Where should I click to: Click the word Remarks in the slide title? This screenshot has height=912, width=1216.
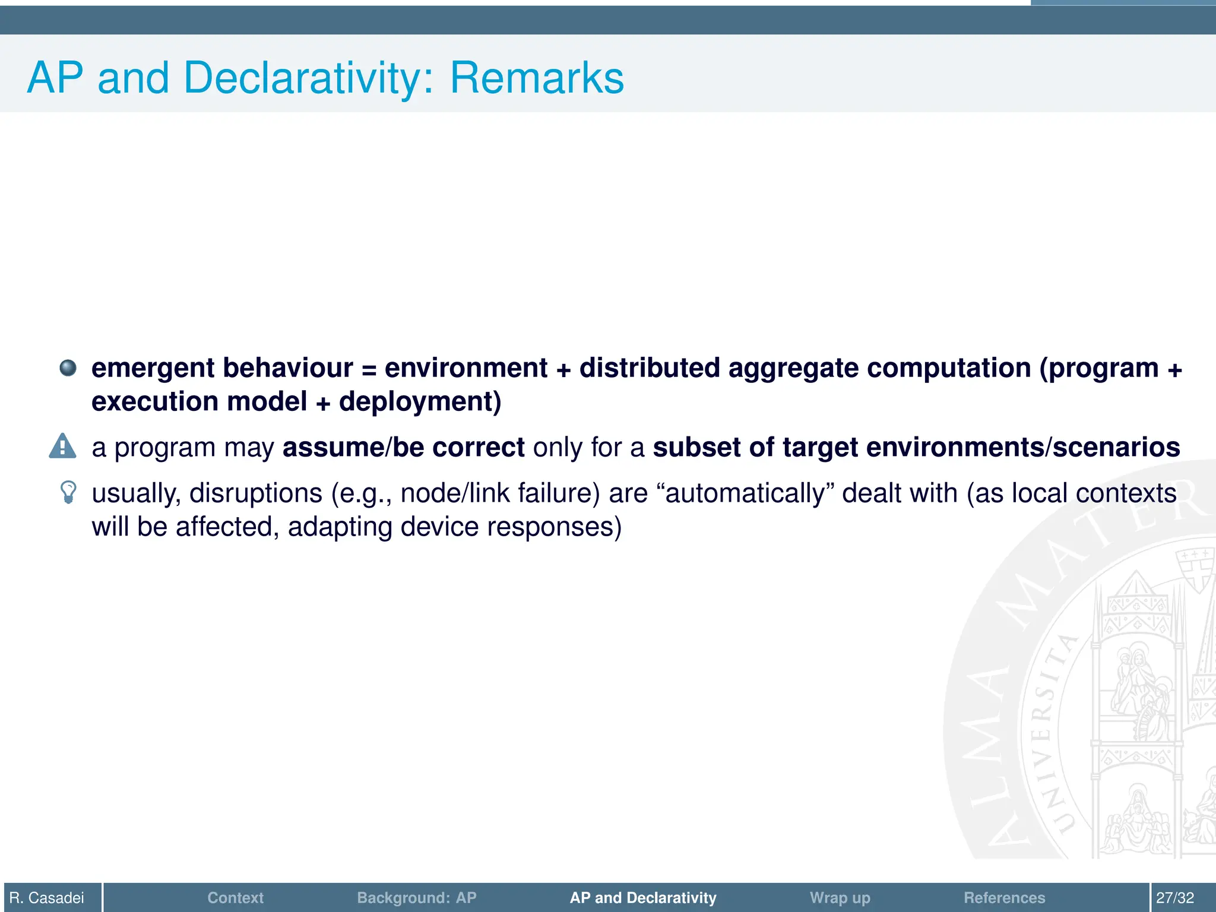tap(536, 78)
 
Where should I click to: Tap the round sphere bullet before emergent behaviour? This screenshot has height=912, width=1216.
tap(68, 368)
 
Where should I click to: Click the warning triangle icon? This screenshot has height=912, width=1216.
tap(62, 446)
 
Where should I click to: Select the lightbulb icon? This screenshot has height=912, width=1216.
tap(69, 492)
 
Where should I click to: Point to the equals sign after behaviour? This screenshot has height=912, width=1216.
tap(369, 370)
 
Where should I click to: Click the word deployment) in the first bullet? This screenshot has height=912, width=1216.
tap(420, 402)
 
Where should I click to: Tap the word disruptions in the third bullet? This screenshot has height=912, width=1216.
tap(255, 493)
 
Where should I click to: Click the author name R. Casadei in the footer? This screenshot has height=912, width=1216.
tap(47, 897)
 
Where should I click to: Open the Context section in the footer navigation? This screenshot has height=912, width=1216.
tap(235, 897)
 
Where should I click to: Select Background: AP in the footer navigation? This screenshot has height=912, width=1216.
tap(416, 897)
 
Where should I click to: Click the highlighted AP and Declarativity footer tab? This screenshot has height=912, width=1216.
tap(643, 897)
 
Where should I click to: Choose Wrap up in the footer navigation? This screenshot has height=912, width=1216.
tap(840, 897)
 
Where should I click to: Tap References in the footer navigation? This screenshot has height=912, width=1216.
tap(1004, 897)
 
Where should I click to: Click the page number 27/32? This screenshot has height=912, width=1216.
tap(1174, 897)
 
